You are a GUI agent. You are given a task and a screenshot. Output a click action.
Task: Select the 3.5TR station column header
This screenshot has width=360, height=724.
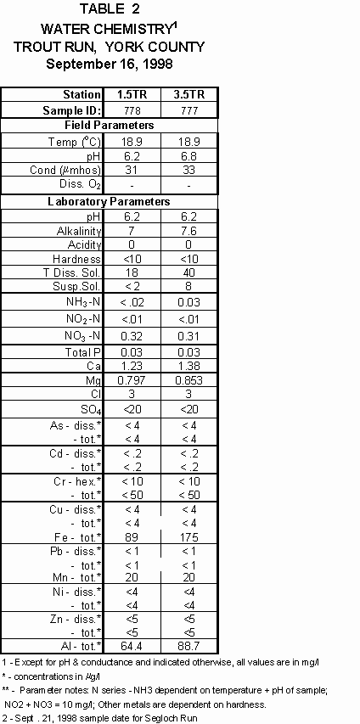(188, 94)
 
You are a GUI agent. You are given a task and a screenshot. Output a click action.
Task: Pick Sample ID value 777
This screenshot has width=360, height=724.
(188, 110)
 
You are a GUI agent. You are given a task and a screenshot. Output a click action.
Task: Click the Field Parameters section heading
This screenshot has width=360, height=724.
(108, 126)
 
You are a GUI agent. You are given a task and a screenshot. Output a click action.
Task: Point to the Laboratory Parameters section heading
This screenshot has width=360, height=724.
(108, 202)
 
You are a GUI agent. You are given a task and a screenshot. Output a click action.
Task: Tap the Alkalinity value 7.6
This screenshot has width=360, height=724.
(188, 231)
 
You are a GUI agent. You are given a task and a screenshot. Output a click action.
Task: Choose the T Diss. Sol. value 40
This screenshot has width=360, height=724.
(188, 272)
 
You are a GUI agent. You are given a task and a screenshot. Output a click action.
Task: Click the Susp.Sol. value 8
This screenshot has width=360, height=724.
(188, 286)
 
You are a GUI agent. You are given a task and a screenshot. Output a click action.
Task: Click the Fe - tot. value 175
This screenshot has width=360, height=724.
(188, 536)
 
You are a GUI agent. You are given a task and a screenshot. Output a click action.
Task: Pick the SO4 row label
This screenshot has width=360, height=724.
(88, 410)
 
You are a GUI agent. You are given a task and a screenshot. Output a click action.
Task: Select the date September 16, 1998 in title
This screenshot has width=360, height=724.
(108, 64)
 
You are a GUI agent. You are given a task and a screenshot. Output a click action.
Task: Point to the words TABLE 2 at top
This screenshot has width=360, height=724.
(108, 10)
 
